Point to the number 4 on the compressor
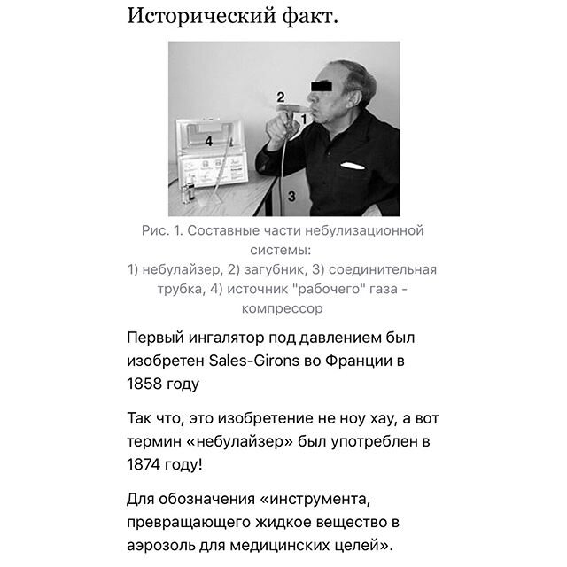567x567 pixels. click(209, 141)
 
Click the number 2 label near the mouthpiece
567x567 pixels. click(280, 96)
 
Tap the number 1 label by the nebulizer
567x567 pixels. click(303, 116)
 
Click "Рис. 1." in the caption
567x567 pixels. click(161, 231)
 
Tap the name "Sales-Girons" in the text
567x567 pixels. click(251, 361)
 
